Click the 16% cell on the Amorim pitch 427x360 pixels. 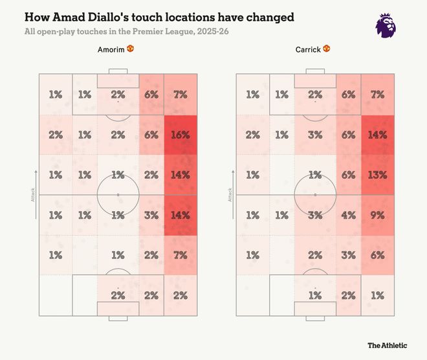coord(181,135)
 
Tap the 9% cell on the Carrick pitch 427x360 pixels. coord(377,215)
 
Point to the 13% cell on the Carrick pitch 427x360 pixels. coord(377,175)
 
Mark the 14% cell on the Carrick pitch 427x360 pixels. coord(377,135)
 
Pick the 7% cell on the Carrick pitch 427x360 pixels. coord(377,95)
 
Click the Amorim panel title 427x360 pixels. coord(111,49)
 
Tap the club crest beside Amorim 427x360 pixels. coord(130,49)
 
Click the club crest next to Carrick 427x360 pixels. coord(327,49)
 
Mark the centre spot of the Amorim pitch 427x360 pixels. coord(118,194)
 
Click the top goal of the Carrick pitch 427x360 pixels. coord(315,71)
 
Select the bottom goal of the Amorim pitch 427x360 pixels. coord(118,318)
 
